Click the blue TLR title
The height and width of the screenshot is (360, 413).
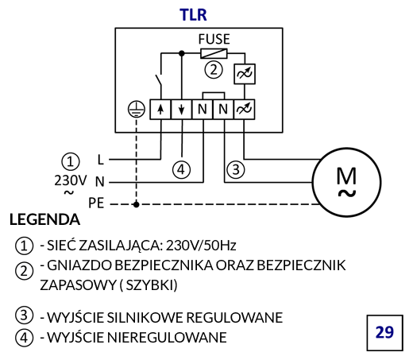193,14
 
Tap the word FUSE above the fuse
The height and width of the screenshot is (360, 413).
214,39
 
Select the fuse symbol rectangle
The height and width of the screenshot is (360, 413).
214,53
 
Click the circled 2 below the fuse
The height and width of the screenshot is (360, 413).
214,70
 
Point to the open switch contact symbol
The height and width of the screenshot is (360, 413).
159,79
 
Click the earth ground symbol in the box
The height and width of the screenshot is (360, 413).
137,109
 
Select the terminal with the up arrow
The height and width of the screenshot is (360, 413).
160,110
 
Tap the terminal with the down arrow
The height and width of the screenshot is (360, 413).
181,110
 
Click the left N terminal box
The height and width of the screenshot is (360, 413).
203,110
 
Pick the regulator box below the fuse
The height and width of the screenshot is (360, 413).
245,74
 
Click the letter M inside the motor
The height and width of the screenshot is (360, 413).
346,176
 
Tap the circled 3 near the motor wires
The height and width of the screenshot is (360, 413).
236,169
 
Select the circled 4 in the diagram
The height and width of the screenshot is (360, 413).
181,169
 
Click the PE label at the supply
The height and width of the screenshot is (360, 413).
96,203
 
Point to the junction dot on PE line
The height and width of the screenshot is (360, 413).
137,204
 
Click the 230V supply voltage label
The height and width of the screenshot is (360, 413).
71,180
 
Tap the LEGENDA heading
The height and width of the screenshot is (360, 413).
44,219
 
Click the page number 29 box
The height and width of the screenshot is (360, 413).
384,333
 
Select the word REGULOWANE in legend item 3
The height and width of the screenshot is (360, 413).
234,317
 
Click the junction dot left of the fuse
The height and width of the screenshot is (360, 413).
181,53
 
